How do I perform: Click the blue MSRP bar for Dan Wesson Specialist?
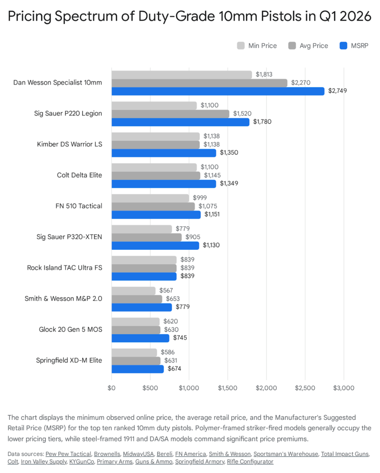click(218, 91)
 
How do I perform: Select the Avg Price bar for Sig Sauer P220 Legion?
click(170, 114)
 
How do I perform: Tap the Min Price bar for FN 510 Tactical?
click(150, 198)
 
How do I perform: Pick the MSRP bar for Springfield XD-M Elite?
click(137, 369)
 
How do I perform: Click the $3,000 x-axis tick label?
click(343, 388)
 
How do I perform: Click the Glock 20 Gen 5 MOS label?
click(70, 329)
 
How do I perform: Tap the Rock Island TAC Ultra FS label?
click(65, 268)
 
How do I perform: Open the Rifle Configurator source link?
click(250, 461)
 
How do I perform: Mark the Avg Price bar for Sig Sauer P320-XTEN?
click(147, 237)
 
